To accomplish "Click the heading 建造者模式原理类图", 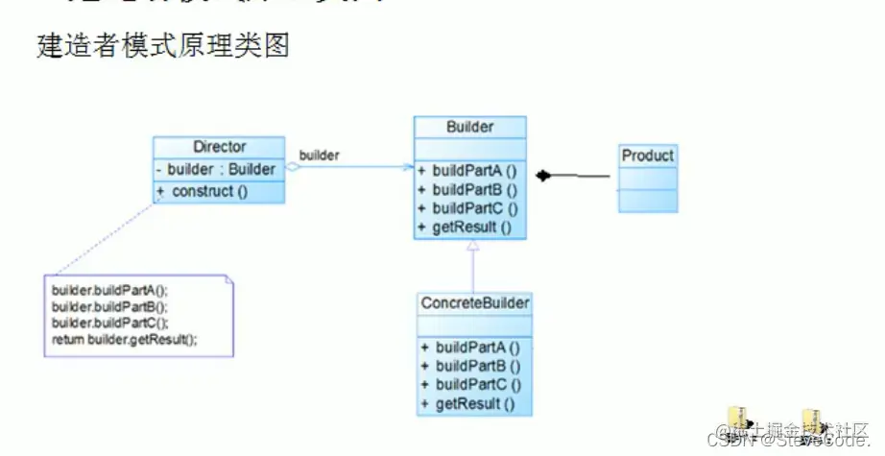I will [162, 45].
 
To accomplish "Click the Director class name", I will [219, 147].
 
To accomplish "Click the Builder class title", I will [469, 127].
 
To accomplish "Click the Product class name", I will [647, 156].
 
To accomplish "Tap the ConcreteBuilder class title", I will [475, 303].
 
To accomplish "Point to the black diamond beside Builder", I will [544, 176].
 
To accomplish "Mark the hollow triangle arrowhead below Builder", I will [471, 246].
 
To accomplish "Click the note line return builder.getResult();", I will [124, 340].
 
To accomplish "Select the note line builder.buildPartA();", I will [109, 290].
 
